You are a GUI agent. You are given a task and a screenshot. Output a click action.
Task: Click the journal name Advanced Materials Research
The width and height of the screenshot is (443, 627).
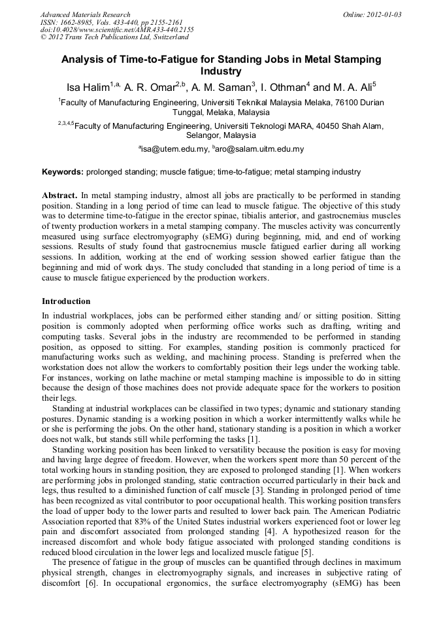click(85, 14)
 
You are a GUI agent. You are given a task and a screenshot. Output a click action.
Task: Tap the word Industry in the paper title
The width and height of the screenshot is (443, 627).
click(221, 71)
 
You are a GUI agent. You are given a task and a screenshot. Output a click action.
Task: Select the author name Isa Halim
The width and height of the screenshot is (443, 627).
click(88, 88)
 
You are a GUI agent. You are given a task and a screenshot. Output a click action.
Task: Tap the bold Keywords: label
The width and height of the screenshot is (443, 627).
click(63, 173)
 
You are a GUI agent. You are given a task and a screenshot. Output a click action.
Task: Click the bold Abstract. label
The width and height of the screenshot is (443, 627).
click(59, 195)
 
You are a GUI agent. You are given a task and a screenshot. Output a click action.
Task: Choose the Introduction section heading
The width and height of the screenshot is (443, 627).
click(66, 301)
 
